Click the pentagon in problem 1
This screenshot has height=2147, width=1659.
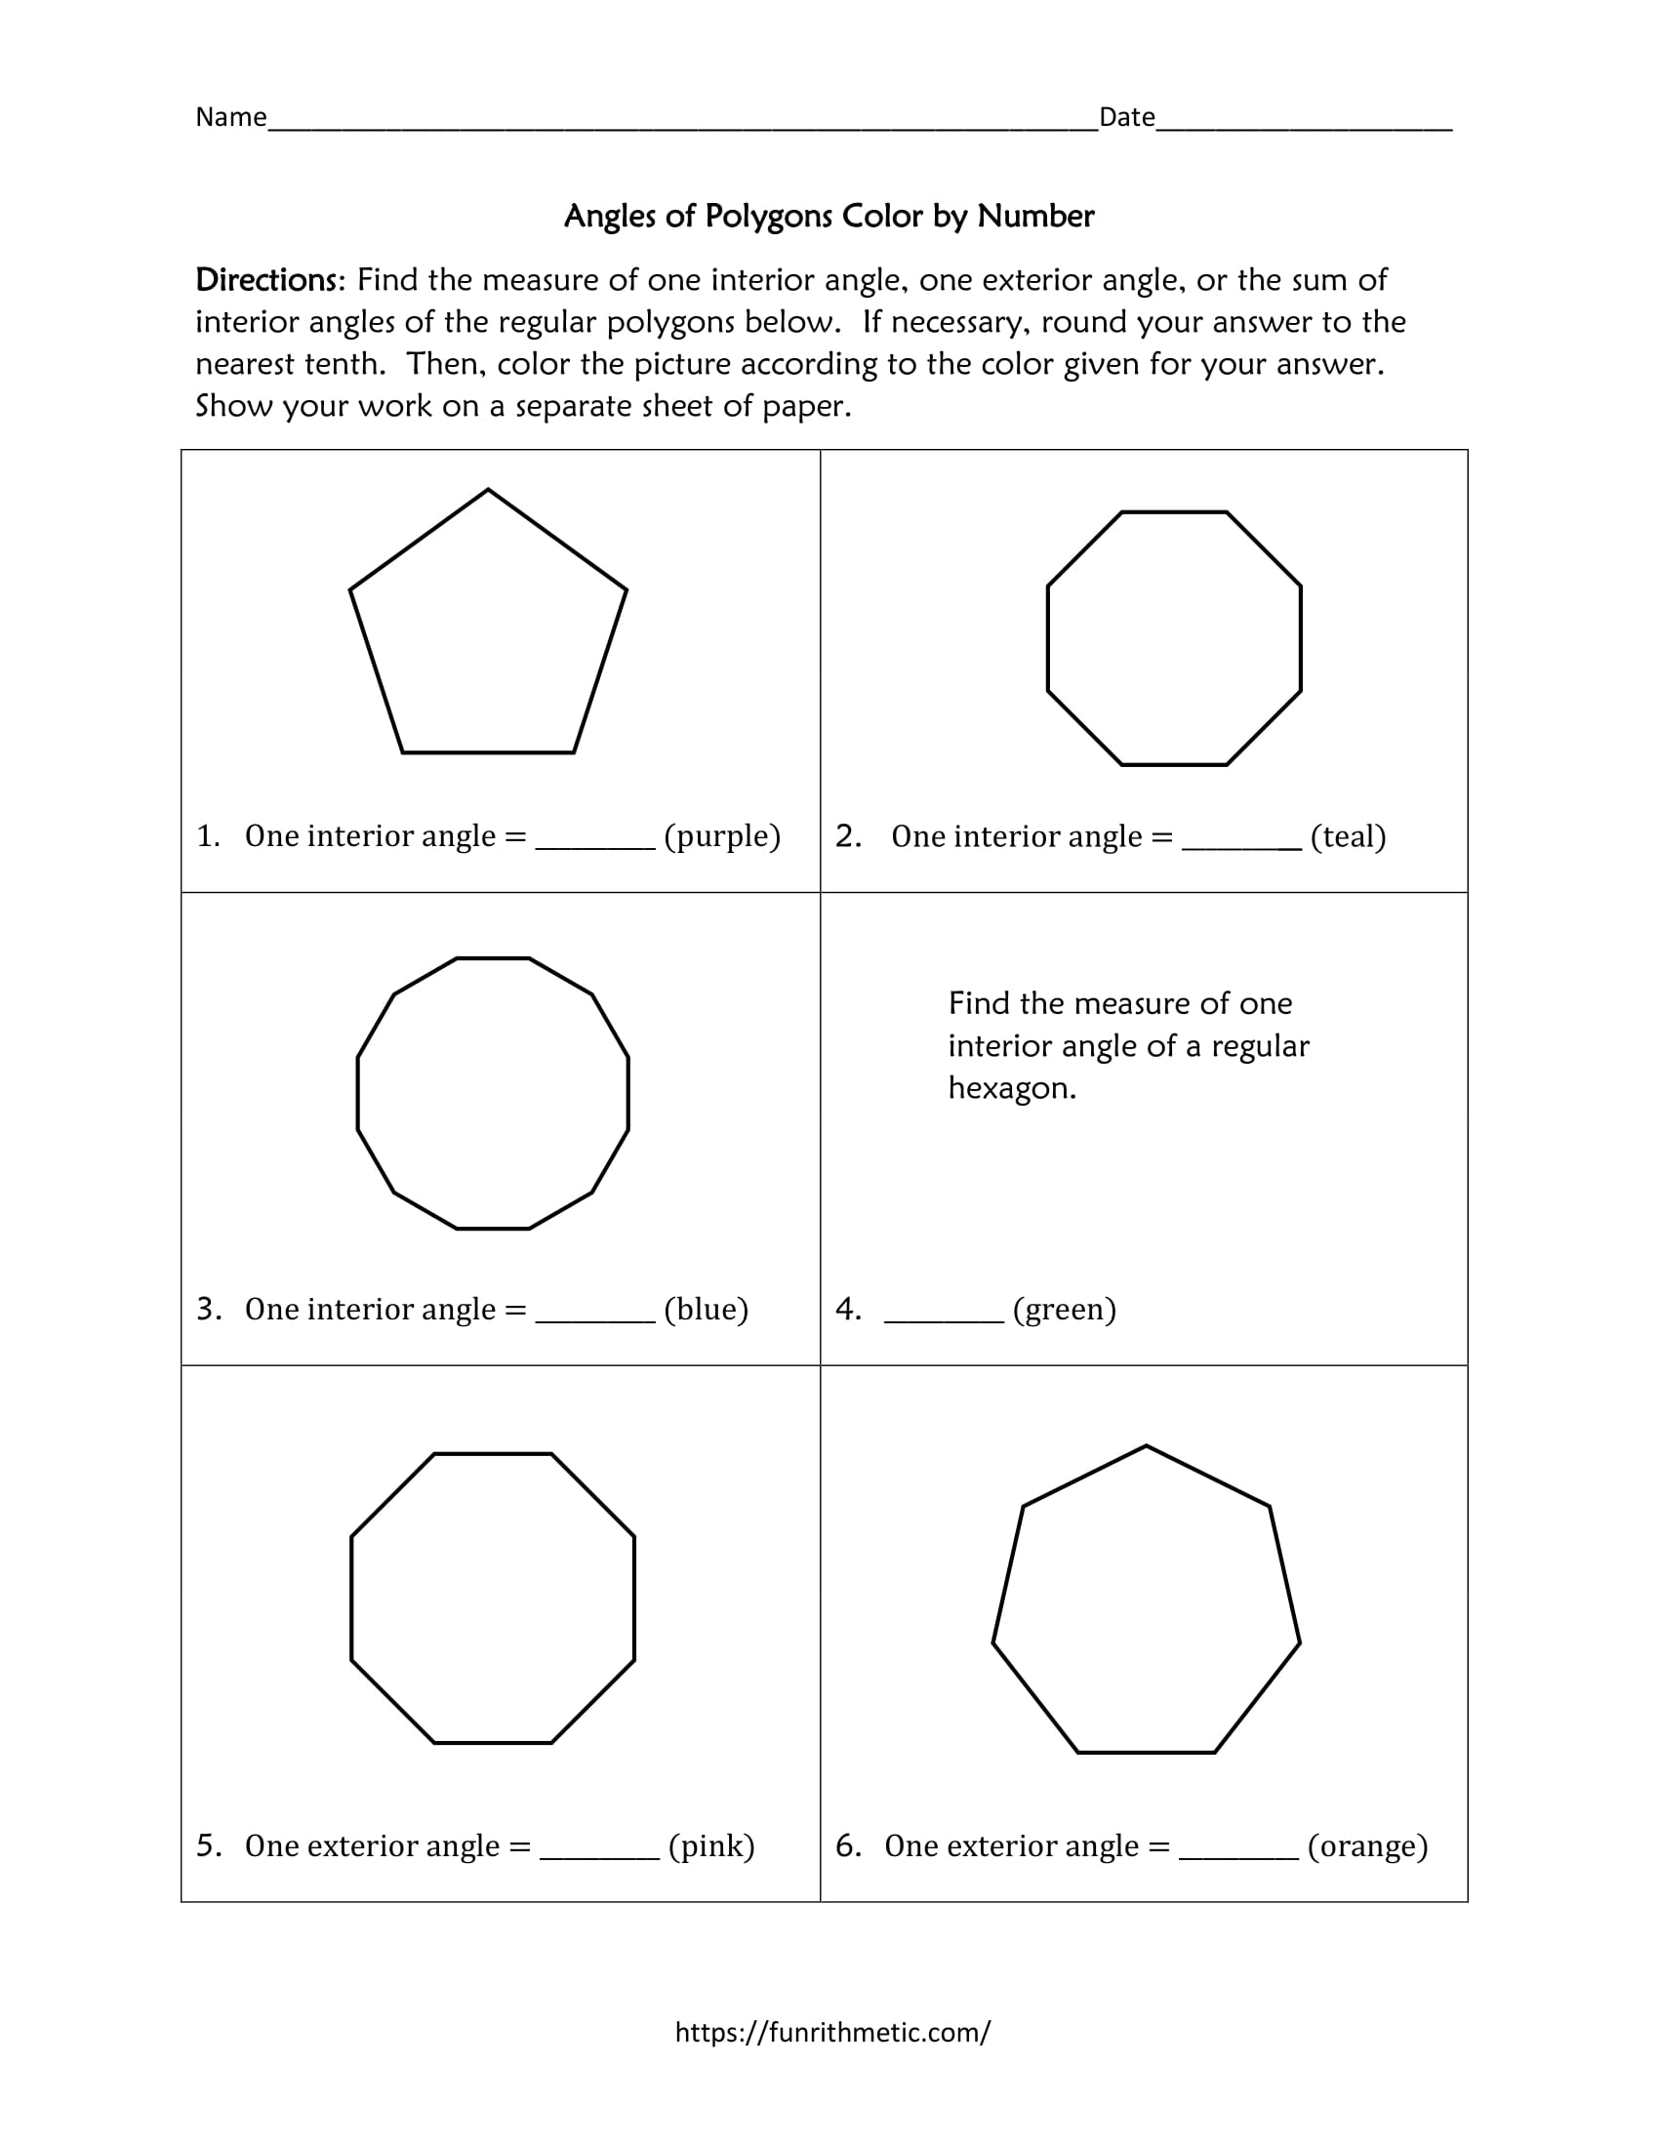pos(489,629)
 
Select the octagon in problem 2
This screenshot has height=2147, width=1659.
pos(1174,638)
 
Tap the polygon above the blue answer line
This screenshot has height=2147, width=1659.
pos(493,1093)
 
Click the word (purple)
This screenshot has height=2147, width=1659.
pos(722,836)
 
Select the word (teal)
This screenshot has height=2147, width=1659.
pos(1349,836)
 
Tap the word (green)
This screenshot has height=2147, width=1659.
pos(1065,1310)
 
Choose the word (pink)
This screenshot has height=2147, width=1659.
pos(711,1846)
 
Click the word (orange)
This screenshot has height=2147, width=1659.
pos(1367,1846)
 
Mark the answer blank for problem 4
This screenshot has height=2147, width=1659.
pos(944,1317)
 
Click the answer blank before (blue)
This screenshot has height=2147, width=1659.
pos(594,1317)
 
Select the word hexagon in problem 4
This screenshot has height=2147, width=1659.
pos(1011,1088)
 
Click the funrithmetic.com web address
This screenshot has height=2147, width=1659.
pos(832,2032)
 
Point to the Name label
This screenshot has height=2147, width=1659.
pos(231,117)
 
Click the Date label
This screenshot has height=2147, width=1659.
pos(1126,117)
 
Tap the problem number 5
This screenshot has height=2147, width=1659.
pos(207,1845)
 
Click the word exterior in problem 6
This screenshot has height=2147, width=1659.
pos(992,1846)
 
